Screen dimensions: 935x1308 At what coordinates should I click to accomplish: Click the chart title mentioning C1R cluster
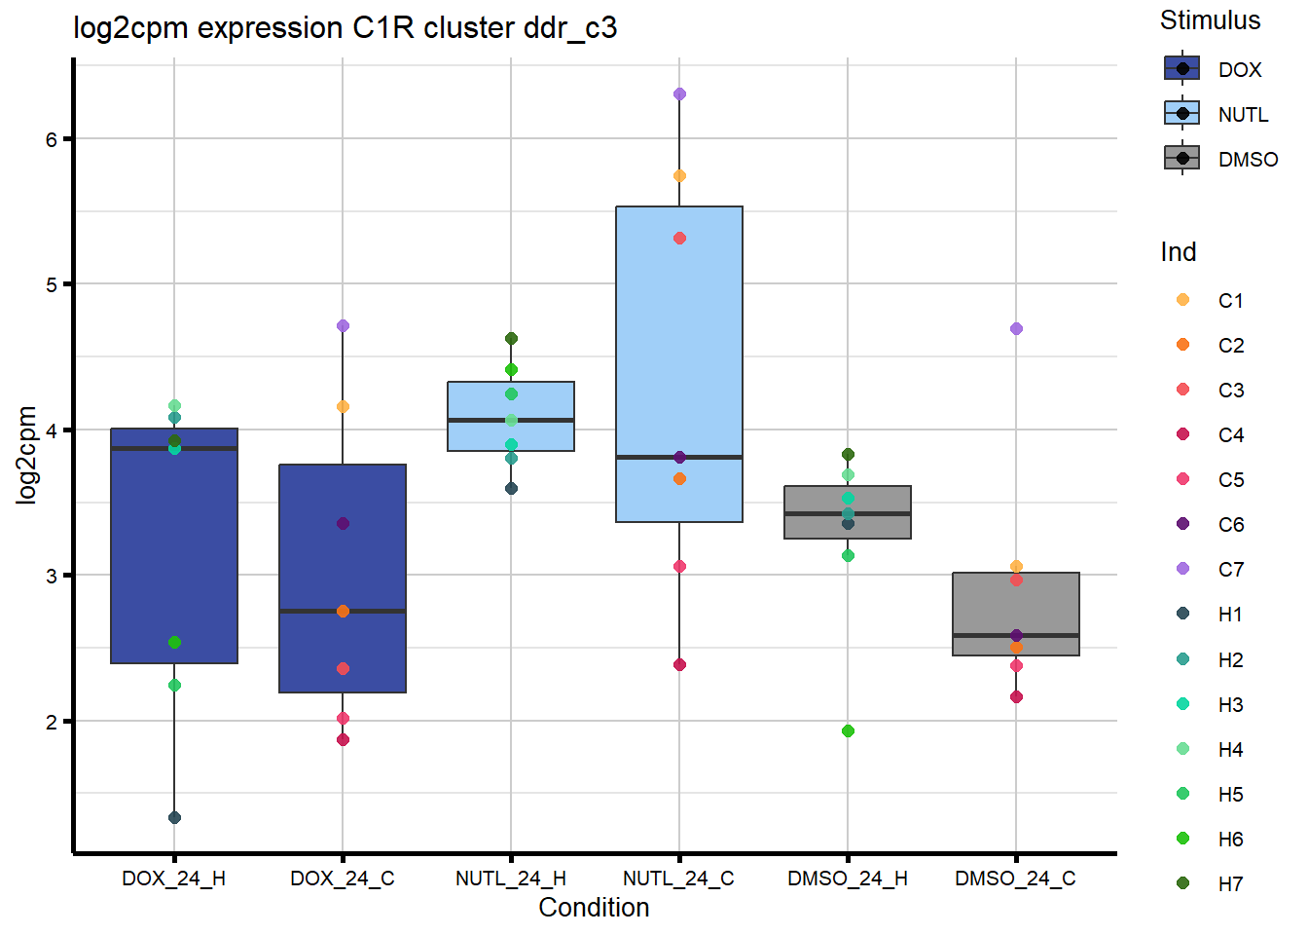pyautogui.click(x=345, y=28)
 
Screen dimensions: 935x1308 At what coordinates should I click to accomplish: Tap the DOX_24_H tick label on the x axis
pyautogui.click(x=173, y=879)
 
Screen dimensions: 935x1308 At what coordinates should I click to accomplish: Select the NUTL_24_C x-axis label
pyautogui.click(x=678, y=879)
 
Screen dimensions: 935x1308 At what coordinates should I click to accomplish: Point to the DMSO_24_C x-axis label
pyautogui.click(x=1015, y=879)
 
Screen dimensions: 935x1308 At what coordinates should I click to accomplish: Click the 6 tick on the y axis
pyautogui.click(x=51, y=139)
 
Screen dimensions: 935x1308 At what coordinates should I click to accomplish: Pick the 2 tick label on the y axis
pyautogui.click(x=51, y=722)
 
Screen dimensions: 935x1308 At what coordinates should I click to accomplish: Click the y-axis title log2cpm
pyautogui.click(x=26, y=455)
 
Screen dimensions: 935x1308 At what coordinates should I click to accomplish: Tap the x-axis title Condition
pyautogui.click(x=594, y=908)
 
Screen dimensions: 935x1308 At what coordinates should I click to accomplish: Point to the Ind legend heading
pyautogui.click(x=1178, y=252)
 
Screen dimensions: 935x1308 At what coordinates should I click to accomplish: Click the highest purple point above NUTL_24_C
pyautogui.click(x=679, y=94)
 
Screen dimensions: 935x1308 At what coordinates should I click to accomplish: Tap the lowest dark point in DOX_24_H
pyautogui.click(x=174, y=817)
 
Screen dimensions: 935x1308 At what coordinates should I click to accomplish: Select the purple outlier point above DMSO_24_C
pyautogui.click(x=1016, y=329)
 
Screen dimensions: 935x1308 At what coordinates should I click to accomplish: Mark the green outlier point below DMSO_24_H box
pyautogui.click(x=848, y=731)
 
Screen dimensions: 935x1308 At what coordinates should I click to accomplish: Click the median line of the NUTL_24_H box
pyautogui.click(x=511, y=420)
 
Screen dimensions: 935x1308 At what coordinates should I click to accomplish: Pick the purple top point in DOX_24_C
pyautogui.click(x=343, y=326)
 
